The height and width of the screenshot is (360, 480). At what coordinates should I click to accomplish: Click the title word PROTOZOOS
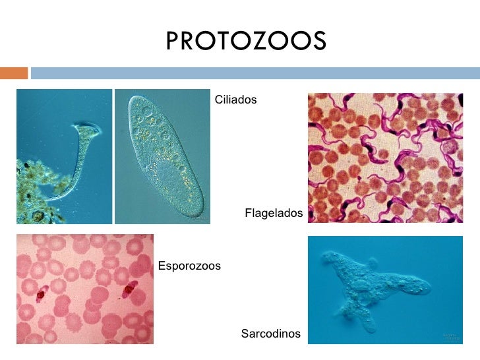click(x=245, y=41)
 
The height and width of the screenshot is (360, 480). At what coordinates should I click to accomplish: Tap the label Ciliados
click(x=235, y=100)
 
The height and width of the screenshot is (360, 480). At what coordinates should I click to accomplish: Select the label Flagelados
click(x=274, y=213)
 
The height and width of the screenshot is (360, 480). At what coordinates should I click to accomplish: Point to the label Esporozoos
click(x=189, y=266)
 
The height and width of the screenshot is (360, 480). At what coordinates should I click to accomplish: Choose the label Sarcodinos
click(x=270, y=334)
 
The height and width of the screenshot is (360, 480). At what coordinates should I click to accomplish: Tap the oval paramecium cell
click(x=162, y=157)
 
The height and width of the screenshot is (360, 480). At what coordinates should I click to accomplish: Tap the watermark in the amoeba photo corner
click(x=450, y=337)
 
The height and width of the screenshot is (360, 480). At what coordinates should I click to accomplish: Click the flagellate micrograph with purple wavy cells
click(x=385, y=158)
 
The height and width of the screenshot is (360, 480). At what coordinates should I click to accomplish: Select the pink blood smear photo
click(x=84, y=289)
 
